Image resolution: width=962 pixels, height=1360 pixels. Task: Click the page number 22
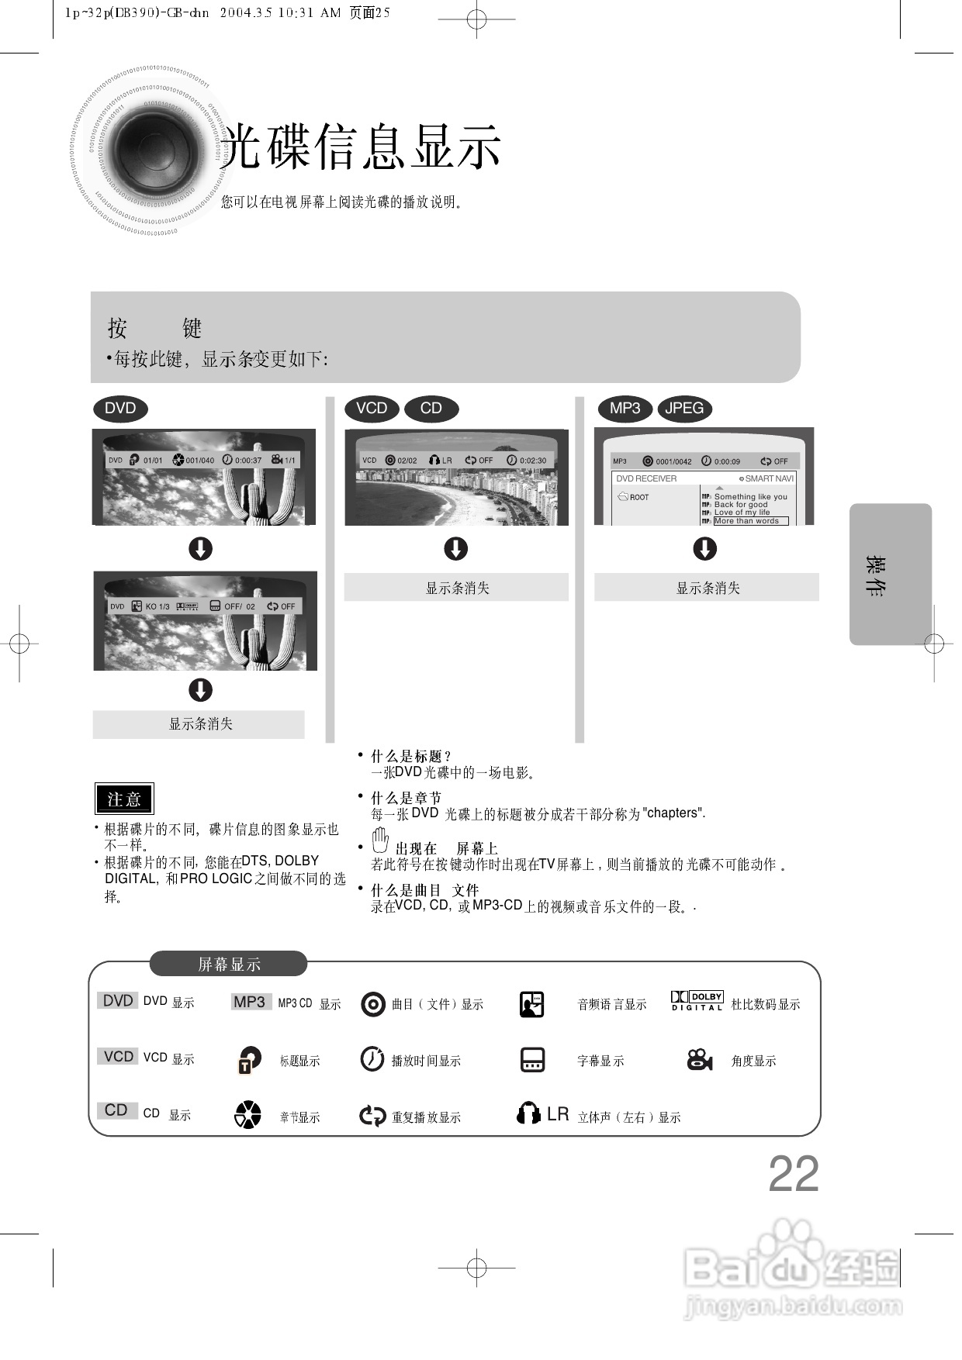point(793,1174)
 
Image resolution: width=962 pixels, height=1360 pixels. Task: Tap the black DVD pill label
point(120,409)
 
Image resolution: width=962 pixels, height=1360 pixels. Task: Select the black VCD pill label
point(372,409)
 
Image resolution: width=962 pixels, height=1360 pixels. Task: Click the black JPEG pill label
point(684,409)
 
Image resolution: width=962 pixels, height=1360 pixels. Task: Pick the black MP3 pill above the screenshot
point(625,409)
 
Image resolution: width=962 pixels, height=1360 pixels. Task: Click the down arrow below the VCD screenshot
point(455,549)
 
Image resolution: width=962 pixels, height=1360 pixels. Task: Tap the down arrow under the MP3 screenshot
point(704,549)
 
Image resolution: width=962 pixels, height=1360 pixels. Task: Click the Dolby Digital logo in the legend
point(697,1001)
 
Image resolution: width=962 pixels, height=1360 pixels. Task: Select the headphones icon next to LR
point(528,1114)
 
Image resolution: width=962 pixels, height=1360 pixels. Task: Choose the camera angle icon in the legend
point(700,1059)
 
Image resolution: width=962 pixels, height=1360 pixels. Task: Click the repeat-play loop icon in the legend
point(372,1116)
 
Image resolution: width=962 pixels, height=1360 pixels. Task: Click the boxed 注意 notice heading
point(124,799)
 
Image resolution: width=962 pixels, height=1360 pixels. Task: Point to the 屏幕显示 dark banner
point(228,965)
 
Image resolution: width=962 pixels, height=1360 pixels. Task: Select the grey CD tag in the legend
point(116,1110)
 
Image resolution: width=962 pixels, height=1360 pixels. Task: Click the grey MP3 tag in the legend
point(250,1002)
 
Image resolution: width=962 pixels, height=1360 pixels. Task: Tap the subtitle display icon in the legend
point(532,1059)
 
